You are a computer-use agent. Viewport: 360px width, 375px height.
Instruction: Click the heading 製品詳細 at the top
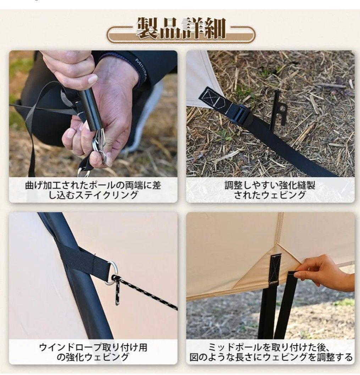(181, 29)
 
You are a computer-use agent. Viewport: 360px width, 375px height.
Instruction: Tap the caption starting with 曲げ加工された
(93, 190)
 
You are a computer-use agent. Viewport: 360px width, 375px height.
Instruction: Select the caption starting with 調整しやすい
(270, 190)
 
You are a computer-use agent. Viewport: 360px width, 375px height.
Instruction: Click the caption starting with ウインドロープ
(93, 352)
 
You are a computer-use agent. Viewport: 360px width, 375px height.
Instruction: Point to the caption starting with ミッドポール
(270, 352)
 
